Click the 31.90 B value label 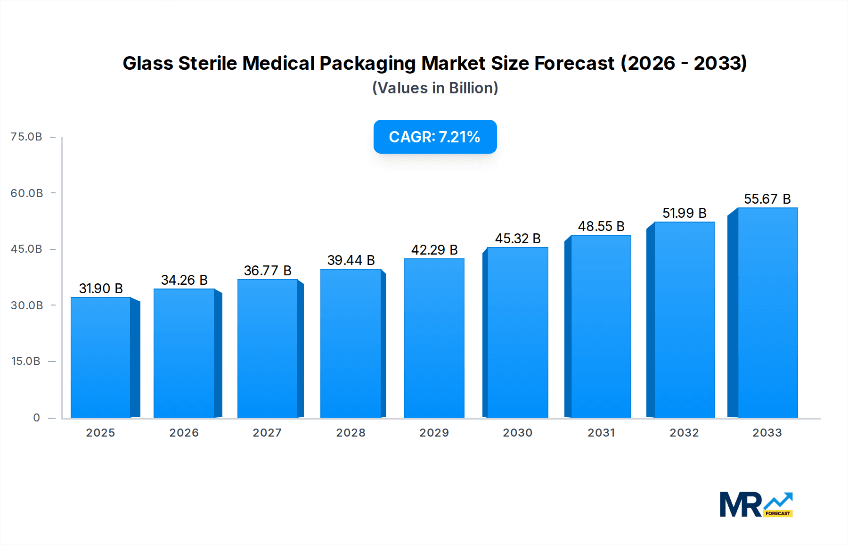[x=101, y=289]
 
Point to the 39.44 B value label [x=351, y=260]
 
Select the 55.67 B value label [x=767, y=199]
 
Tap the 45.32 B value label [x=518, y=239]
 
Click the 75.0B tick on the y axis [x=26, y=137]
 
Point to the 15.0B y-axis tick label [x=26, y=361]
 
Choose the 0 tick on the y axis [x=36, y=418]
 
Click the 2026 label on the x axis [x=184, y=433]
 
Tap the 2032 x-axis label [x=684, y=433]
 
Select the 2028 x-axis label [x=351, y=433]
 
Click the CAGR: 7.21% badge [x=435, y=137]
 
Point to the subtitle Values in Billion [x=435, y=88]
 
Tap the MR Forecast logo [x=756, y=504]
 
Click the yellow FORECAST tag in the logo [x=778, y=513]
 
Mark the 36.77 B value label [x=268, y=271]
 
